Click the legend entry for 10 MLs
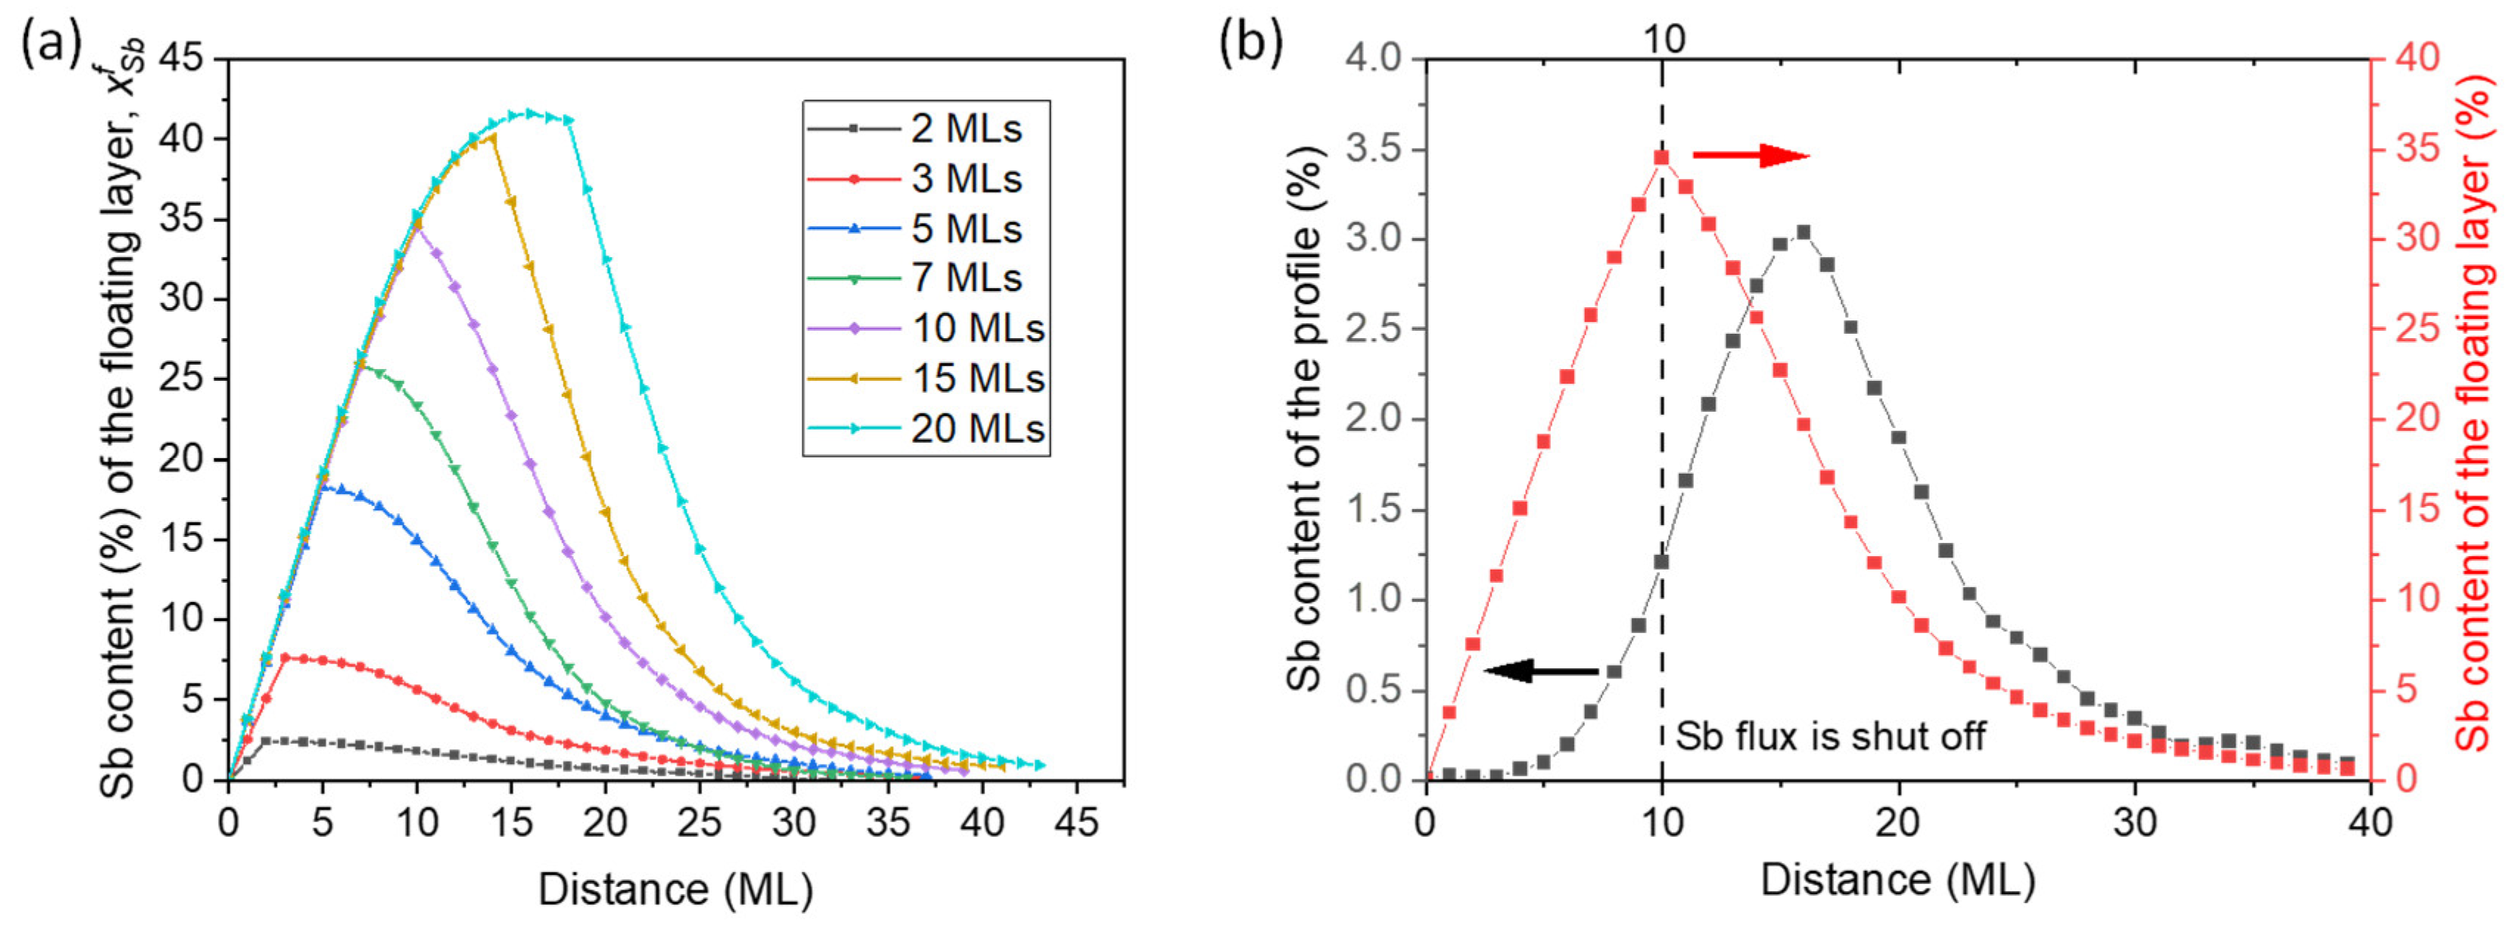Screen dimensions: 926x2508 click(x=925, y=328)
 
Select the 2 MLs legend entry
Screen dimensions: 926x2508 click(x=925, y=128)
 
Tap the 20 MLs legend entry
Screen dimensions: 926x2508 click(x=925, y=429)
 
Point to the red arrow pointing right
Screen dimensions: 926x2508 click(x=1751, y=155)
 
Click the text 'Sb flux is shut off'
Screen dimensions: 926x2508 click(x=1829, y=736)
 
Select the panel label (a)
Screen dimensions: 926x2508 click(x=49, y=43)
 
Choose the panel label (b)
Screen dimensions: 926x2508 click(x=1251, y=43)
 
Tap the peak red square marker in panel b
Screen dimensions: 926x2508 click(x=1662, y=158)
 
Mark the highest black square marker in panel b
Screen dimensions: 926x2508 click(x=1803, y=232)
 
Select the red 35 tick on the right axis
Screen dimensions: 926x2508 click(x=2417, y=150)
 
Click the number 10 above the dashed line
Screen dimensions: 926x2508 click(x=1663, y=39)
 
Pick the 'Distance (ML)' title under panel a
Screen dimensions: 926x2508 click(x=675, y=889)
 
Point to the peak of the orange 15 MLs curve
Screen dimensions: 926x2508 click(x=493, y=137)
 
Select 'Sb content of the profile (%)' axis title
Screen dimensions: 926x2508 click(x=1305, y=418)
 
